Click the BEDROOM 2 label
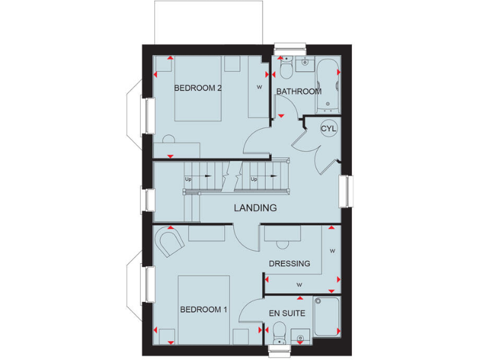[197, 88]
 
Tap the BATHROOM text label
[299, 91]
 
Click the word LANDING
[255, 207]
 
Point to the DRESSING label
[289, 264]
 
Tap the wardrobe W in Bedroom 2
[259, 87]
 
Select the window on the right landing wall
[345, 191]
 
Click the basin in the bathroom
[306, 62]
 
